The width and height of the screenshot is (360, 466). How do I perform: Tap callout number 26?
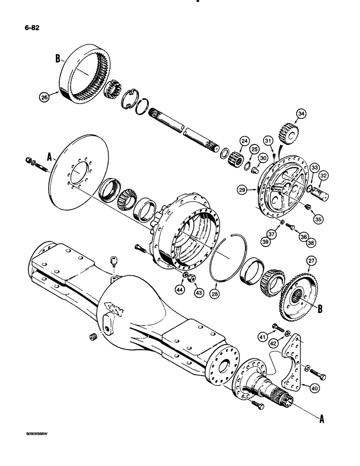click(x=44, y=97)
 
